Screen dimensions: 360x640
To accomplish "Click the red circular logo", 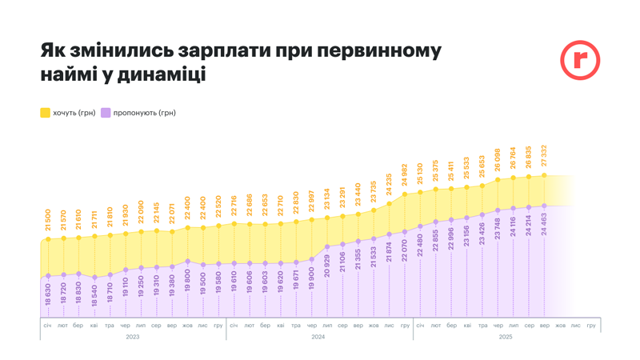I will (x=579, y=60).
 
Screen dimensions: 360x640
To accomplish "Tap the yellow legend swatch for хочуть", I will (x=45, y=113).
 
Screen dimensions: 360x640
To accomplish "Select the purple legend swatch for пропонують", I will (x=106, y=113).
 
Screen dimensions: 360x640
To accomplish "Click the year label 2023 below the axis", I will (x=133, y=337).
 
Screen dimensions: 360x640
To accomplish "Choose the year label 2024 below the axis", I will (x=318, y=337).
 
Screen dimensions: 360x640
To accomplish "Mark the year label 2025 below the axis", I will (x=505, y=337).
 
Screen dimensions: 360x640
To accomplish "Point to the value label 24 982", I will (x=405, y=176).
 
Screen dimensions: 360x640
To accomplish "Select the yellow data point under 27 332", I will (x=544, y=175).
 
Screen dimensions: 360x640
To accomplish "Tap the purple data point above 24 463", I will (x=544, y=206).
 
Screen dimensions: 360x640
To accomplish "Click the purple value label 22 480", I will (x=420, y=247).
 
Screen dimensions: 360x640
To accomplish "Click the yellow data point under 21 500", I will (x=48, y=239).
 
